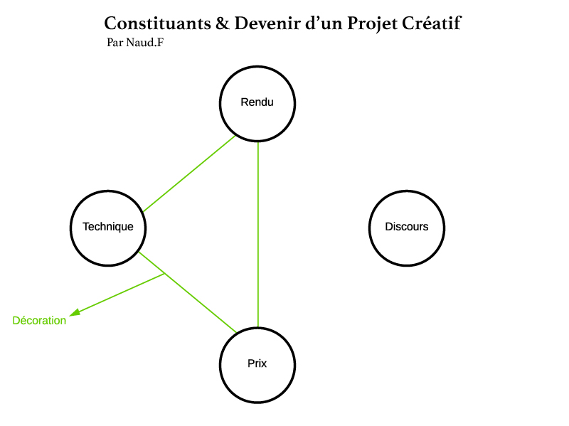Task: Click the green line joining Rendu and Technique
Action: coord(188,174)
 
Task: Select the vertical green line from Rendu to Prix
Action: coord(257,235)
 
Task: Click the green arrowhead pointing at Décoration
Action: coord(75,312)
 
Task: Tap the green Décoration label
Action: coord(39,321)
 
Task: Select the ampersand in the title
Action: coord(223,23)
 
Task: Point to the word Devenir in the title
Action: coord(267,23)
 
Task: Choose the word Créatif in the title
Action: coord(432,23)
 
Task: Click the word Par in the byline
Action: coord(114,43)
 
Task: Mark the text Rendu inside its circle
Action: coord(257,102)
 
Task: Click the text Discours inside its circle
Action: coord(407,227)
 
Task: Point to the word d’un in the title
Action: coord(324,23)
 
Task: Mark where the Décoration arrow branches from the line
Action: coord(165,274)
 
